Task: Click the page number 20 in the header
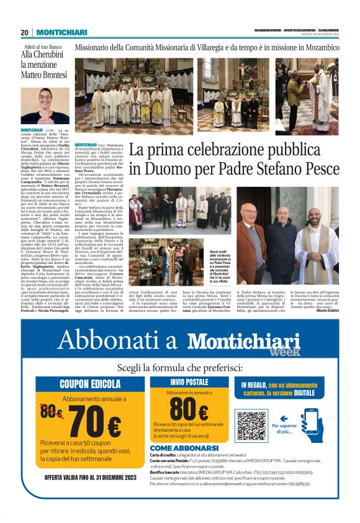(24, 32)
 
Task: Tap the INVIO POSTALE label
(189, 365)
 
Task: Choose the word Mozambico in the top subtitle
(315, 47)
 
